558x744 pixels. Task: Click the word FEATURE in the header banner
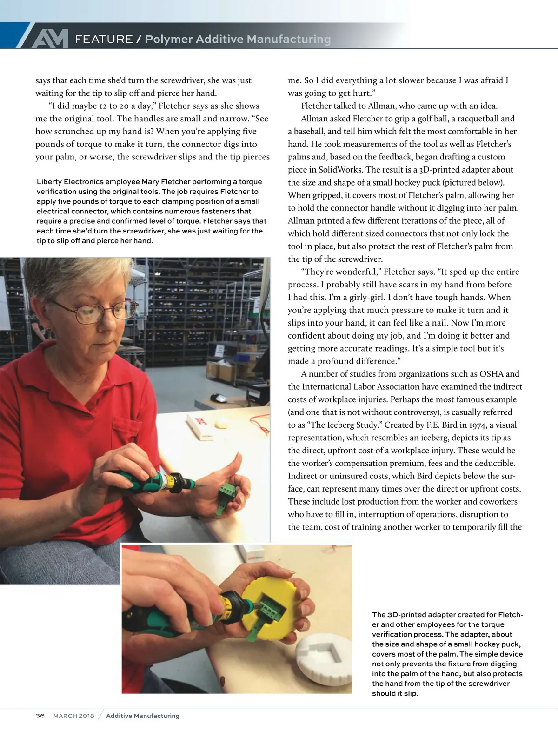104,40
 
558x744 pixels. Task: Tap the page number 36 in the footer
40,716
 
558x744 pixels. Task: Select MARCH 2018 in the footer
73,716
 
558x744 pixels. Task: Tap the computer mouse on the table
219,398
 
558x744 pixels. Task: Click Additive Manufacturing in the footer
142,716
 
